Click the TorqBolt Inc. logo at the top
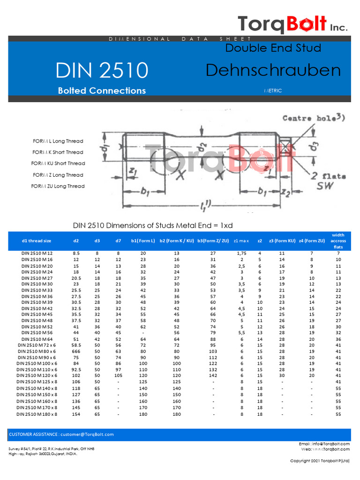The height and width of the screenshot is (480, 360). pos(292,24)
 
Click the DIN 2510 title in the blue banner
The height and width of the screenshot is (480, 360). pos(102,70)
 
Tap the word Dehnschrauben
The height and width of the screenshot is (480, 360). pos(273,70)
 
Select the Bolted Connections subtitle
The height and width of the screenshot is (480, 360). pos(102,90)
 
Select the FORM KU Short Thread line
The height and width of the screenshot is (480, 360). pos(59,164)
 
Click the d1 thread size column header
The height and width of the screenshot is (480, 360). pos(37,241)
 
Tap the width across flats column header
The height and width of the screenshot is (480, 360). pos(338,241)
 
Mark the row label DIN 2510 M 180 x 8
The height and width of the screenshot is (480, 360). pos(37,414)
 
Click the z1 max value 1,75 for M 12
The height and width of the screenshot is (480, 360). pos(241,253)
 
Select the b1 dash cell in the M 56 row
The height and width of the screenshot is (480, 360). pos(143,333)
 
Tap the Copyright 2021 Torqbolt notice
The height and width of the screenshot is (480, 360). pos(320,461)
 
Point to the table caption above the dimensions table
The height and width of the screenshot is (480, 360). pos(153,225)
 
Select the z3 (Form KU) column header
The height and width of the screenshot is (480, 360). pos(282,241)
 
